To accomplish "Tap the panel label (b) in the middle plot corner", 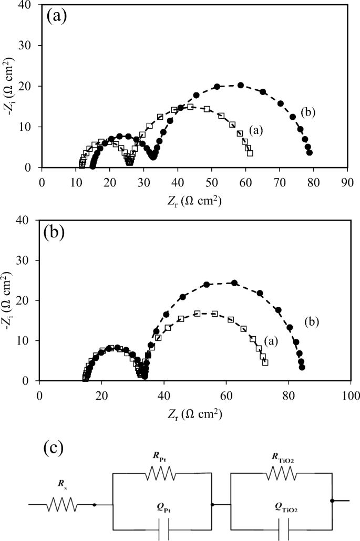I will pos(53,231).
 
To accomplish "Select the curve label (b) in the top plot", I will pos(308,112).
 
